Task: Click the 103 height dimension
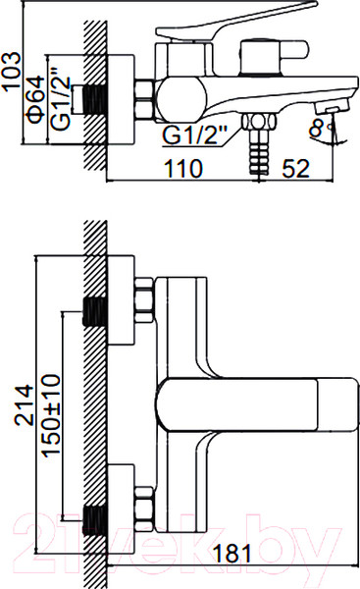[12, 71]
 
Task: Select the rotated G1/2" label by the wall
[60, 98]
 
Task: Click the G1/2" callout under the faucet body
[195, 134]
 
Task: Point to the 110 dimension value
[184, 168]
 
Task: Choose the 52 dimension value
[296, 168]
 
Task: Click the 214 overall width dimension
[24, 404]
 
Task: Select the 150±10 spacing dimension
[51, 415]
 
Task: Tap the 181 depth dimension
[231, 553]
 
